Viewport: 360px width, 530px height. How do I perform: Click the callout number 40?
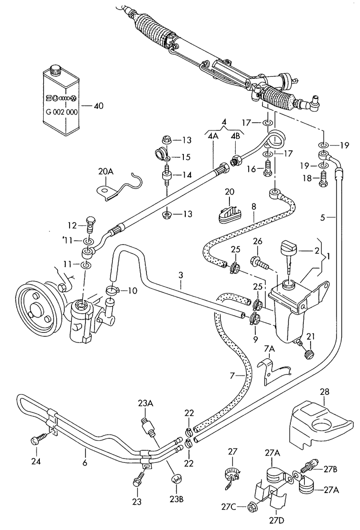pyautogui.click(x=99, y=106)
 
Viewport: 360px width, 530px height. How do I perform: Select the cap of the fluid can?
pyautogui.click(x=57, y=70)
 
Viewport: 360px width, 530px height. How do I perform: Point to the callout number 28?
pyautogui.click(x=325, y=392)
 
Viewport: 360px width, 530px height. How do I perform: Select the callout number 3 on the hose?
pyautogui.click(x=180, y=276)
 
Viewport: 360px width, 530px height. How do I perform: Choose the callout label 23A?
pyautogui.click(x=146, y=404)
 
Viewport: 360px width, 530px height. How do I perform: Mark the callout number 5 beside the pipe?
pyautogui.click(x=324, y=217)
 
